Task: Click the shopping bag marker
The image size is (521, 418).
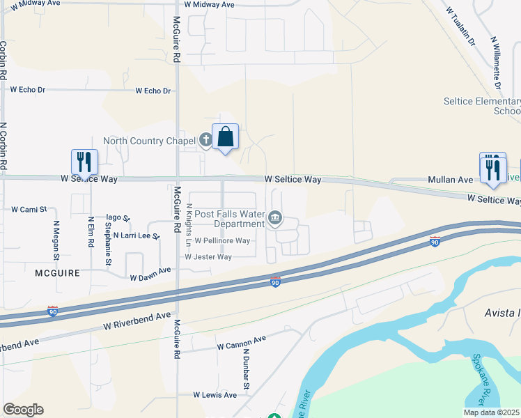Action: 226,137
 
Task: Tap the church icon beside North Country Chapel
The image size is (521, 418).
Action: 205,141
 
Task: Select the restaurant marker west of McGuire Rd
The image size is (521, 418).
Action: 84,162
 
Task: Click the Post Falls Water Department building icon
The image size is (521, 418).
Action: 275,219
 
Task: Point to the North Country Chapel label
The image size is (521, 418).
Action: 148,141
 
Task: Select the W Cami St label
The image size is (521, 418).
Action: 29,208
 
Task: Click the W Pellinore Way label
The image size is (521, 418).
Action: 222,240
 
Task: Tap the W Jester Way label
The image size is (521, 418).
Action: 208,256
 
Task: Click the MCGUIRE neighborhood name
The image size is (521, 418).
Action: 57,274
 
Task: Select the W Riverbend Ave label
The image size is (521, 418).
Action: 137,320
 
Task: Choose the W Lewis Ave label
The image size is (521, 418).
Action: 215,395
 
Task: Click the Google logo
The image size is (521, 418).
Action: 23,410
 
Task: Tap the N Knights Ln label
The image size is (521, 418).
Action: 189,224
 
